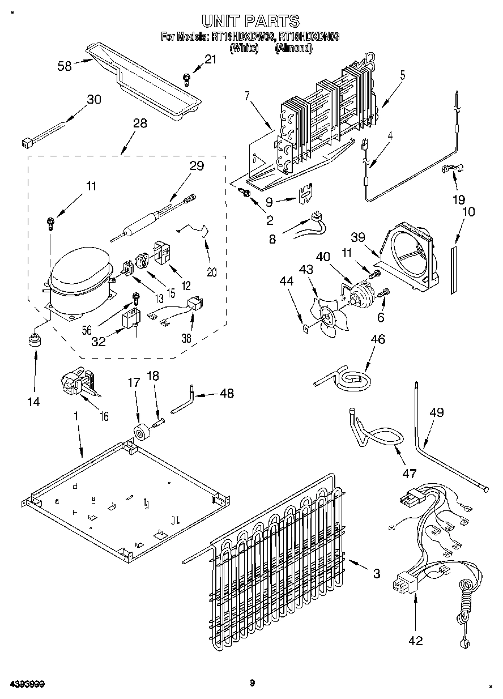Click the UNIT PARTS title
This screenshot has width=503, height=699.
251,22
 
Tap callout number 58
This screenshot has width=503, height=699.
65,66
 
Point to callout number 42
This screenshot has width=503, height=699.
415,641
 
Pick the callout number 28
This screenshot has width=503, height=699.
140,123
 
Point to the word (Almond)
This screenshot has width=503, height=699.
293,48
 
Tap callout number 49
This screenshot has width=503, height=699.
436,412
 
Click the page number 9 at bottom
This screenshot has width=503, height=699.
252,683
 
